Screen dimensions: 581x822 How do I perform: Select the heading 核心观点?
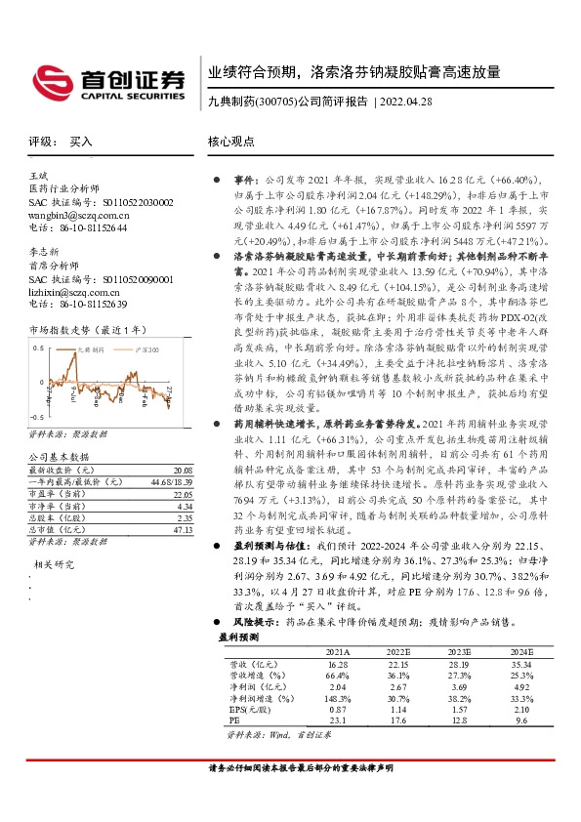(229, 142)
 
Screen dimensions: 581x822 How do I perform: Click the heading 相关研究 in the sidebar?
(55, 537)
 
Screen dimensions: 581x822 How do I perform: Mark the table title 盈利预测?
(238, 636)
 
